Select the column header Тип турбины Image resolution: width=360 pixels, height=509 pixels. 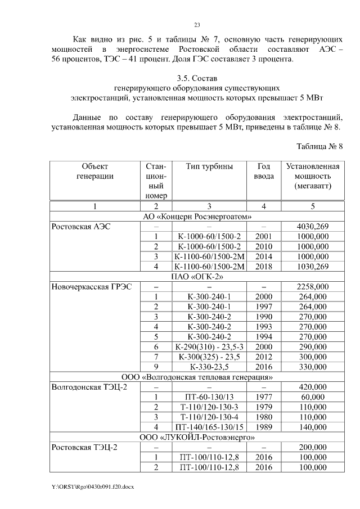(209, 166)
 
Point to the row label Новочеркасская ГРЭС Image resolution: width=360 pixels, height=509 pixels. (91, 286)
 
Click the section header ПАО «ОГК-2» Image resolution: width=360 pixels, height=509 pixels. (197, 276)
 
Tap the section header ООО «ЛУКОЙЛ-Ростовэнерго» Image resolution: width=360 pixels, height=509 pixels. (197, 437)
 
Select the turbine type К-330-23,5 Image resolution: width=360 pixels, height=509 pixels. (209, 367)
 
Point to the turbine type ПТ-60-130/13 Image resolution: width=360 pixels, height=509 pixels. (209, 397)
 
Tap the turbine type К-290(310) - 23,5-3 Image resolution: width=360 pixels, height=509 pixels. (209, 346)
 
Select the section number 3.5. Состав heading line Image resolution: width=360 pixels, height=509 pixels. (197, 77)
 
